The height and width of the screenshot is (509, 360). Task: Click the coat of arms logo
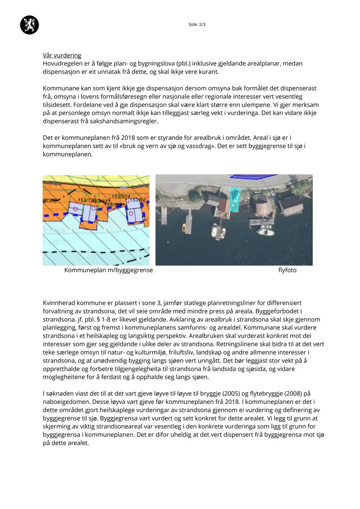click(29, 25)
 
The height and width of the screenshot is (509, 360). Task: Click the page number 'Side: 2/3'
click(197, 24)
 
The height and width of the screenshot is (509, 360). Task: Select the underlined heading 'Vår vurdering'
click(62, 55)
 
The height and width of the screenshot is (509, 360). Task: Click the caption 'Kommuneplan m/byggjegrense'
click(108, 271)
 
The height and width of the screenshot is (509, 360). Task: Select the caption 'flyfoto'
click(287, 271)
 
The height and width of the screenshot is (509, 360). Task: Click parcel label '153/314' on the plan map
click(120, 196)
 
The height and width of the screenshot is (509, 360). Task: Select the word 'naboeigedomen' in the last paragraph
click(65, 402)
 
